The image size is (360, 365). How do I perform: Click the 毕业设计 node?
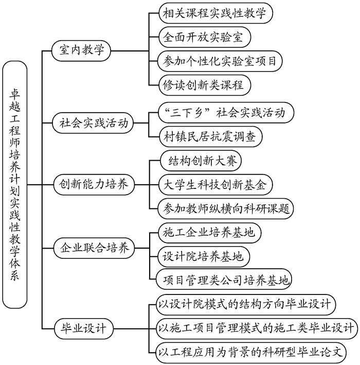tap(83, 328)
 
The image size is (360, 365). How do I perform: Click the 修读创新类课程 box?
tap(202, 84)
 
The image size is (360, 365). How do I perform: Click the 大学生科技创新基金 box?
tap(213, 184)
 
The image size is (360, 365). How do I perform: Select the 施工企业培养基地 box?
tap(208, 232)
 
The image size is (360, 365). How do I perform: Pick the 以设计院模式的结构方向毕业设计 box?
tap(246, 304)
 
